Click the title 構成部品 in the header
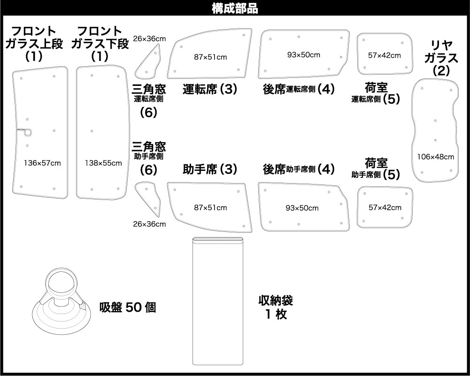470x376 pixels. point(235,9)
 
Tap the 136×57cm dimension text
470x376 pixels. point(42,163)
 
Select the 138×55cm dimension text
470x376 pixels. point(103,163)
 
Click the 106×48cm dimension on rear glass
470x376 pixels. point(436,157)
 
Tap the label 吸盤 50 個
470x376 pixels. point(128,307)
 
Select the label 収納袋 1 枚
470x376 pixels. point(276,307)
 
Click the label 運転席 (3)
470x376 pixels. point(210,89)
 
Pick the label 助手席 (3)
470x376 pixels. point(210,169)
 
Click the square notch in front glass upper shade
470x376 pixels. point(24,133)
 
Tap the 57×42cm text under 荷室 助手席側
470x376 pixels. point(385,207)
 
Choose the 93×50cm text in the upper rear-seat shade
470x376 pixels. point(304,55)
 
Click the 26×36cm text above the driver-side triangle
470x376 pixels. point(149,38)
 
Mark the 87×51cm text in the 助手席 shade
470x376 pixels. point(210,207)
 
